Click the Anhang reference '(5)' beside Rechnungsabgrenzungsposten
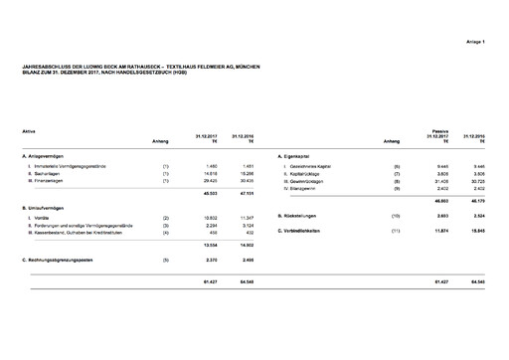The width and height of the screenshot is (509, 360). click(165, 260)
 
